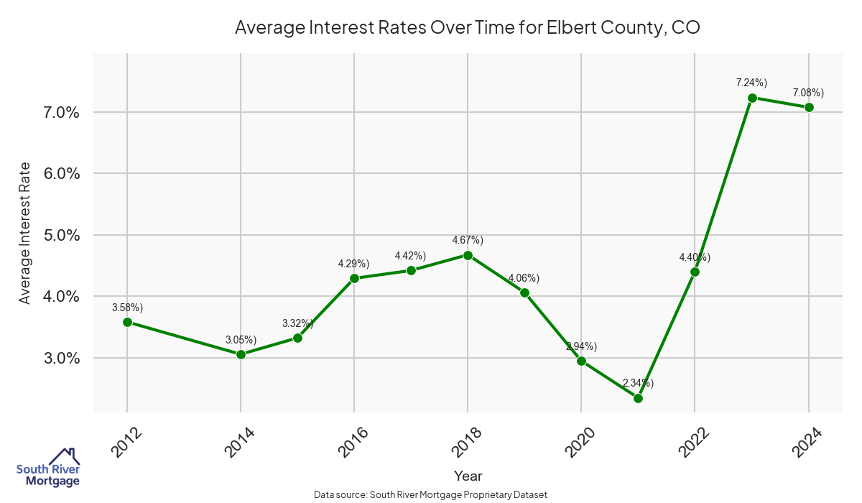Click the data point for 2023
pos(752,98)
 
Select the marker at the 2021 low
pos(638,398)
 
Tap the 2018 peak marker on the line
pos(468,255)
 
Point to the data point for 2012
pos(127,322)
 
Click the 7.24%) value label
pos(751,83)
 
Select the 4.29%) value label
pos(353,264)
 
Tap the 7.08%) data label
pos(808,93)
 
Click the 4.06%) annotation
pos(524,278)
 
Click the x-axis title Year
pos(468,476)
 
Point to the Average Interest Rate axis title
pos(25,234)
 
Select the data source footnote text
pos(431,494)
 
